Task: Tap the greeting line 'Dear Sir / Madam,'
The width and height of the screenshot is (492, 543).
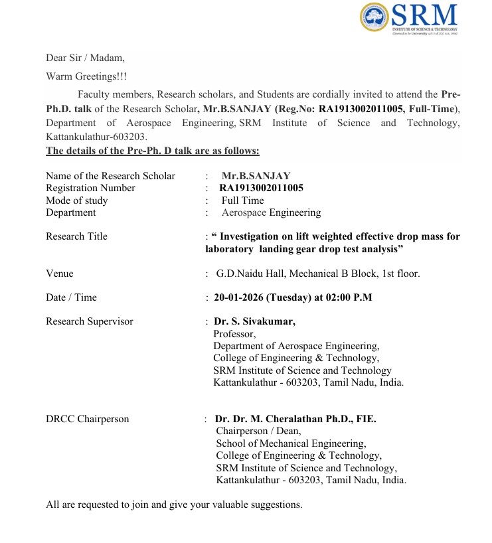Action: (x=85, y=58)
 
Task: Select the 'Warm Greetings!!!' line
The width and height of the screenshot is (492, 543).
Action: (x=86, y=76)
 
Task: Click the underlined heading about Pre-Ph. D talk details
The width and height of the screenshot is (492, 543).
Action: (x=152, y=151)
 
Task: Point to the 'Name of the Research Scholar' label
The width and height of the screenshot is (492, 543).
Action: (x=110, y=176)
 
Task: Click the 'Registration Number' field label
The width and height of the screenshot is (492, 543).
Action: (x=90, y=188)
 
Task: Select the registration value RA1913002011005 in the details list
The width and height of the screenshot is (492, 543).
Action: (x=261, y=188)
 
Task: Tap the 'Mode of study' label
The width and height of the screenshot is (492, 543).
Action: (x=76, y=200)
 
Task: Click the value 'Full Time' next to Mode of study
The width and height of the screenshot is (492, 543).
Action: (x=242, y=200)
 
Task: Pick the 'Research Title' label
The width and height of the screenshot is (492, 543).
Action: (x=76, y=236)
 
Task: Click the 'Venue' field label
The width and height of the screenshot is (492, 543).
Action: (x=60, y=273)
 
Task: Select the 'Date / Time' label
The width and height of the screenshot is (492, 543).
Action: (x=71, y=297)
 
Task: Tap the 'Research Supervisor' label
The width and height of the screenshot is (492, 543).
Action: (x=89, y=321)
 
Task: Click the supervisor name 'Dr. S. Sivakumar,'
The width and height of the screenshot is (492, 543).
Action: (x=254, y=321)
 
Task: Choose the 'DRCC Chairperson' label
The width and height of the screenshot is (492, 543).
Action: (x=88, y=419)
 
